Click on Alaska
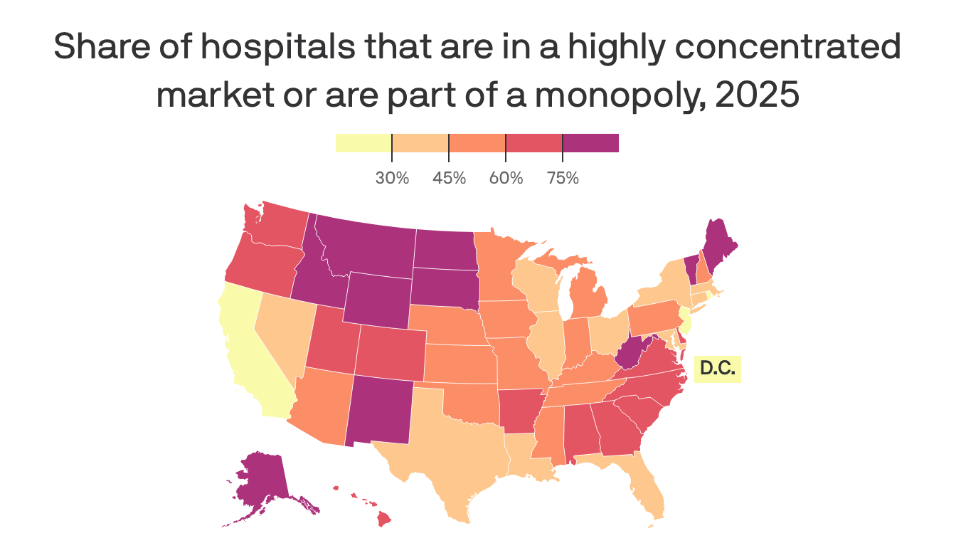point(260,484)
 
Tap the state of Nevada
point(280,327)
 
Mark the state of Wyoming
point(376,299)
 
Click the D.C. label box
point(717,369)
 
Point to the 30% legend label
point(392,178)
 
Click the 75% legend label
point(563,178)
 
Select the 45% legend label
point(449,178)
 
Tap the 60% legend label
point(506,178)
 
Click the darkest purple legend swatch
point(590,142)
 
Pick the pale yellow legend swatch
point(363,142)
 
